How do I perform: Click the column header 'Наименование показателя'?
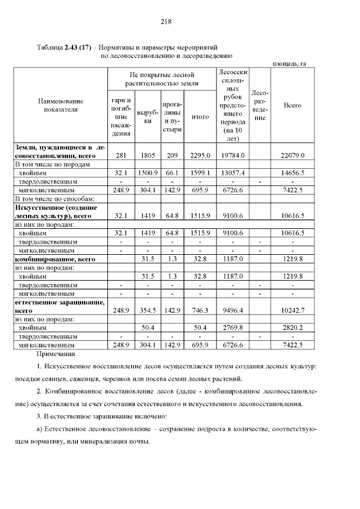[x=60, y=105]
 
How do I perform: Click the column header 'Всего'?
[x=292, y=105]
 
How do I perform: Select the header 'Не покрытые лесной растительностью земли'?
[x=162, y=78]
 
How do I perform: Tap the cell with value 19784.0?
[x=232, y=155]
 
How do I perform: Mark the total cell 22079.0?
[x=292, y=155]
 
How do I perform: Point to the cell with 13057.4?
[x=232, y=173]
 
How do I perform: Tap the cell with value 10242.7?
[x=292, y=309]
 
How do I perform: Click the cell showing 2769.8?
[x=232, y=327]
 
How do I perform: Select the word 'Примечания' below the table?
[x=55, y=354]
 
